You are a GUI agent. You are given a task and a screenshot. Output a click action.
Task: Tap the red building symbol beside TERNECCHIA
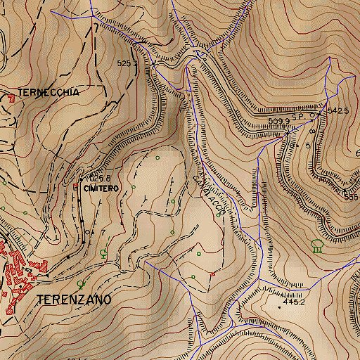point(11,98)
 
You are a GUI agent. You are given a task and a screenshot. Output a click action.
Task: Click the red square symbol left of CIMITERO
point(77,186)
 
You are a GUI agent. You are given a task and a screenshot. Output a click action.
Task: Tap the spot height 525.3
point(127,63)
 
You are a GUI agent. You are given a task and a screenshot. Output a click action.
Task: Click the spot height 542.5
point(338,111)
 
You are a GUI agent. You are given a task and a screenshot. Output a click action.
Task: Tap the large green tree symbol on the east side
point(316,245)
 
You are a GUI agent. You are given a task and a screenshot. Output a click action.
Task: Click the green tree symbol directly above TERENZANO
point(82,284)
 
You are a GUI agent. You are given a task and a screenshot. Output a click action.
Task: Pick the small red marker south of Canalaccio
point(213,273)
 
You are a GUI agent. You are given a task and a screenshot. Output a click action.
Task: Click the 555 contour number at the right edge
point(352,198)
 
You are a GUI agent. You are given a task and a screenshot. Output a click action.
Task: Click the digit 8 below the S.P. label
point(312,131)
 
